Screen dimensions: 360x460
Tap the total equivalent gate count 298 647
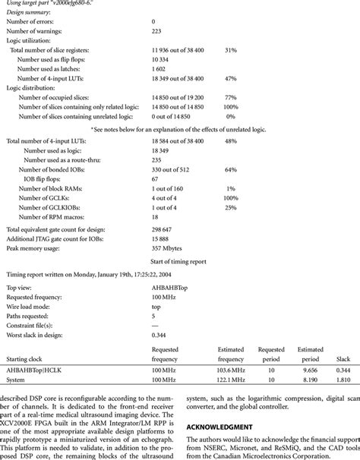pos(166,228)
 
